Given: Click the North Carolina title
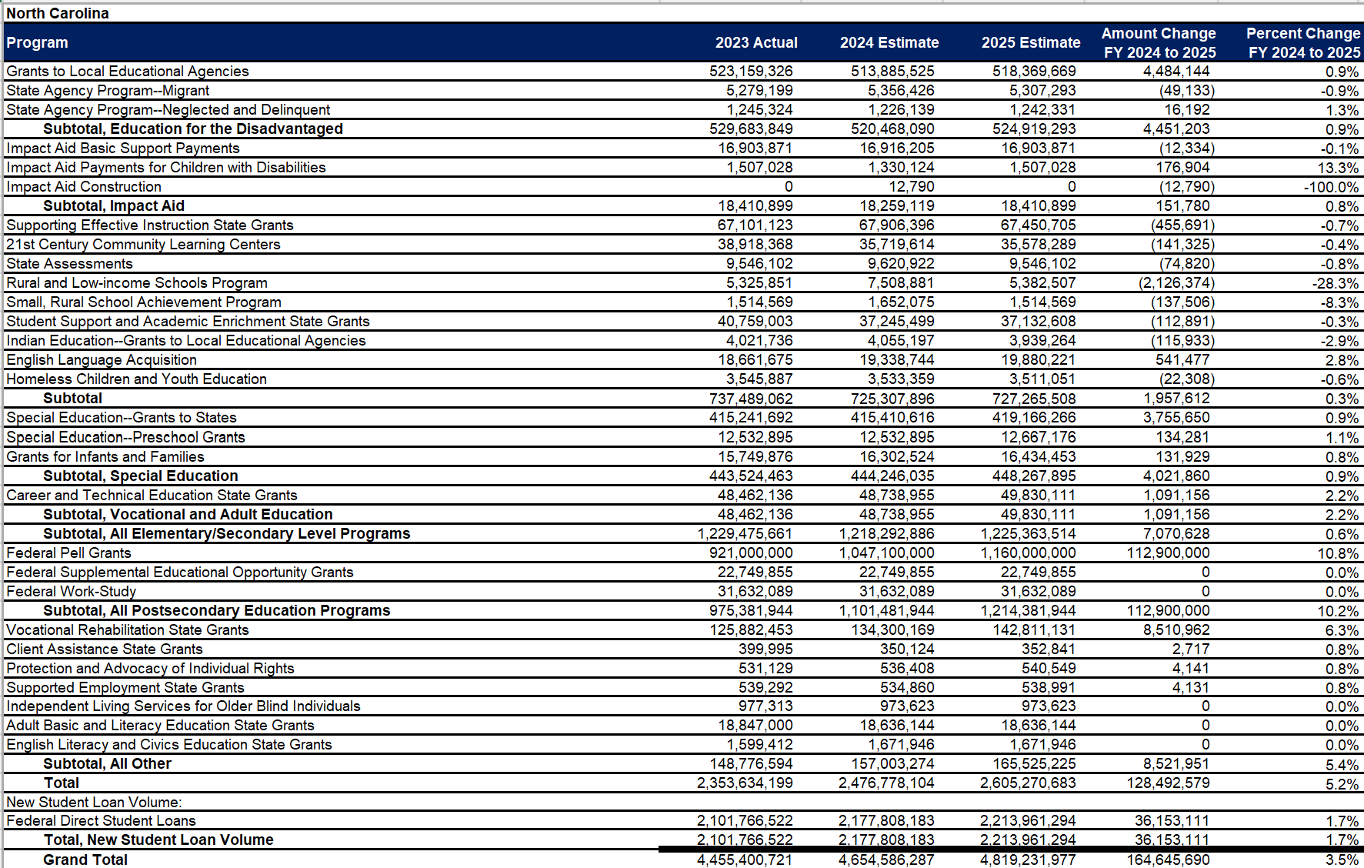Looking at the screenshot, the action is tap(58, 13).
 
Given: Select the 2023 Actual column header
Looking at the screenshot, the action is tap(756, 42).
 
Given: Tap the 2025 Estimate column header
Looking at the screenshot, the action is tap(1031, 42).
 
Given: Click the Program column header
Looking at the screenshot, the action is tap(37, 42).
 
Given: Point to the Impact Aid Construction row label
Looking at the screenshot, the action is tap(84, 186).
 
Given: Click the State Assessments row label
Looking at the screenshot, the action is tap(69, 263).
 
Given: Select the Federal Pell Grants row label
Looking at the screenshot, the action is tap(68, 553).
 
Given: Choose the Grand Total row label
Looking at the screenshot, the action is tap(85, 860).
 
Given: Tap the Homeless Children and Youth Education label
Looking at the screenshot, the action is tap(136, 379).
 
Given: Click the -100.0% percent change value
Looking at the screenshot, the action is tap(1331, 187).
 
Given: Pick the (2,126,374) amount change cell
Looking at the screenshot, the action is tap(1176, 283).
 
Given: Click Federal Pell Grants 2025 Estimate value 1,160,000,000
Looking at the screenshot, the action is tap(1028, 553).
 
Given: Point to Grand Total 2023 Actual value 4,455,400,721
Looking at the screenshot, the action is tap(745, 860).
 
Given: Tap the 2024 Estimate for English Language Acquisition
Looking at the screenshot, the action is tap(897, 359).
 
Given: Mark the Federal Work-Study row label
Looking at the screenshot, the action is tap(71, 591).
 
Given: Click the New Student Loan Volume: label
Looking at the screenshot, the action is tap(94, 802).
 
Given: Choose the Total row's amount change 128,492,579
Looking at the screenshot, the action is tap(1168, 783).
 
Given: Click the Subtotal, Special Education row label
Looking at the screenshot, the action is tap(141, 476).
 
